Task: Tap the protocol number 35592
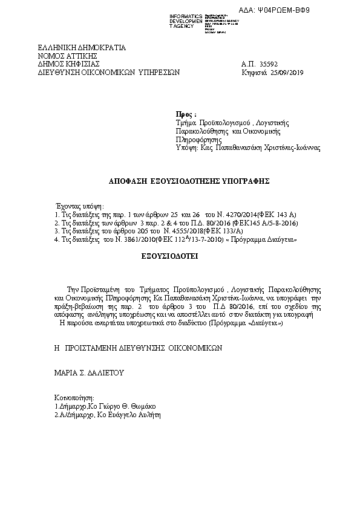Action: point(268,63)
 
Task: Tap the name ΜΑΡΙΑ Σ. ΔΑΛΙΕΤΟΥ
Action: point(89,373)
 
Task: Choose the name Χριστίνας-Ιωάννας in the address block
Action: point(286,147)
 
